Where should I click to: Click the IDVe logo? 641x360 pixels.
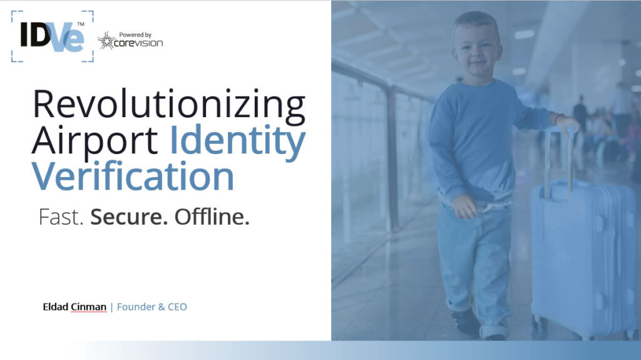click(x=53, y=37)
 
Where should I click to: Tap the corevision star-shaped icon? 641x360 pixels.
click(x=106, y=41)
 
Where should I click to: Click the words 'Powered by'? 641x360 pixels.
click(x=135, y=35)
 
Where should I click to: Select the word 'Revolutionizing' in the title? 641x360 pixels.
click(x=169, y=105)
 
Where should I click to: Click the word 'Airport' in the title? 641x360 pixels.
click(x=95, y=140)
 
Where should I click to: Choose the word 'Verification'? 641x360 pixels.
click(x=133, y=176)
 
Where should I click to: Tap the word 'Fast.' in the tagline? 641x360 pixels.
click(x=61, y=217)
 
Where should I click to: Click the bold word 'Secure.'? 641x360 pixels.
click(x=129, y=217)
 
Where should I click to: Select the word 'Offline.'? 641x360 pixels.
click(x=212, y=217)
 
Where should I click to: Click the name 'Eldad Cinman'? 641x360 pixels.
click(x=74, y=307)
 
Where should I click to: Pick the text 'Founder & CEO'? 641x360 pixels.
click(x=151, y=307)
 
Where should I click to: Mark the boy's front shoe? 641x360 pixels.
click(x=466, y=322)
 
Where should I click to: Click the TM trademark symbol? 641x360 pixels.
click(x=81, y=24)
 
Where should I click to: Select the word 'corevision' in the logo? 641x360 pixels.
click(x=138, y=43)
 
